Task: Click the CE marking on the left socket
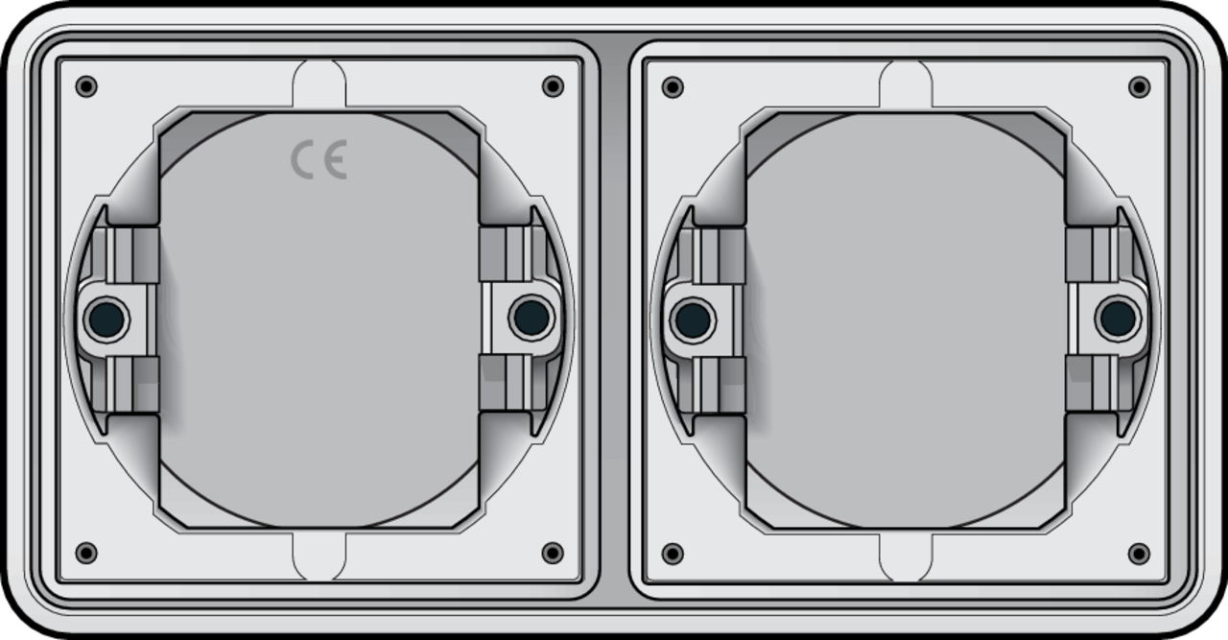(319, 159)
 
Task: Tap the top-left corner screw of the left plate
(86, 86)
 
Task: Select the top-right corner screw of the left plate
(553, 86)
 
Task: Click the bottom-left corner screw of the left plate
(86, 554)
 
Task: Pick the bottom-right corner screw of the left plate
(553, 554)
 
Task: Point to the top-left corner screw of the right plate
(673, 86)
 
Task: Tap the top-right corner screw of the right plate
(1139, 86)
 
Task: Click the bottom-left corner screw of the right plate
(673, 554)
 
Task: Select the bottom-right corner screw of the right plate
(1139, 554)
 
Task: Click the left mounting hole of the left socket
(106, 319)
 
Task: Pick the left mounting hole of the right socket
(693, 319)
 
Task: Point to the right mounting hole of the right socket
(1118, 318)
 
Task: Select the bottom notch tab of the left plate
(319, 557)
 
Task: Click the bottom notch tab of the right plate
(906, 557)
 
